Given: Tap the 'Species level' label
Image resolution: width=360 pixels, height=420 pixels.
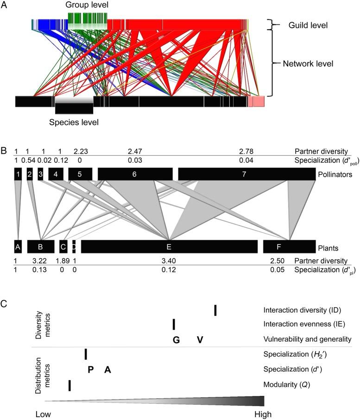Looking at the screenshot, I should tap(74, 122).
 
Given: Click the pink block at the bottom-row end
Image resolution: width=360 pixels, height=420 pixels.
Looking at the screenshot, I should tap(256, 101).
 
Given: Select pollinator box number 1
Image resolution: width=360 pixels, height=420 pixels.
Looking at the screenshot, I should tap(18, 174).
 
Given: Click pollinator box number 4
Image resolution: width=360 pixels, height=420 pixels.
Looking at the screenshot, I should tap(56, 174).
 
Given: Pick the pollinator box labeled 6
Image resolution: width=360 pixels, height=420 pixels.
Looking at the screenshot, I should tap(135, 174).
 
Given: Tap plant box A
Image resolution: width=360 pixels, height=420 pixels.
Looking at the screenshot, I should tap(18, 247).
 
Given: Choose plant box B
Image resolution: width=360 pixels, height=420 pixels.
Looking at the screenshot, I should tap(41, 247).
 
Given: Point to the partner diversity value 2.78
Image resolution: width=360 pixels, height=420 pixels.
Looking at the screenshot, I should tap(246, 151).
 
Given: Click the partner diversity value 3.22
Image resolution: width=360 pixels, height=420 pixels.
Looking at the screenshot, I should tap(41, 261).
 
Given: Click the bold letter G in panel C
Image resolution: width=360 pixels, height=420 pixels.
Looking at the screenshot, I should tap(176, 340).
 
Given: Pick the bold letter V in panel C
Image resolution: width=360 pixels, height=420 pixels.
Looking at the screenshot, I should tap(200, 340).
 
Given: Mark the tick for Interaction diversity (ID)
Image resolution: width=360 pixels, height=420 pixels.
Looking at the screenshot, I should tap(215, 310).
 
